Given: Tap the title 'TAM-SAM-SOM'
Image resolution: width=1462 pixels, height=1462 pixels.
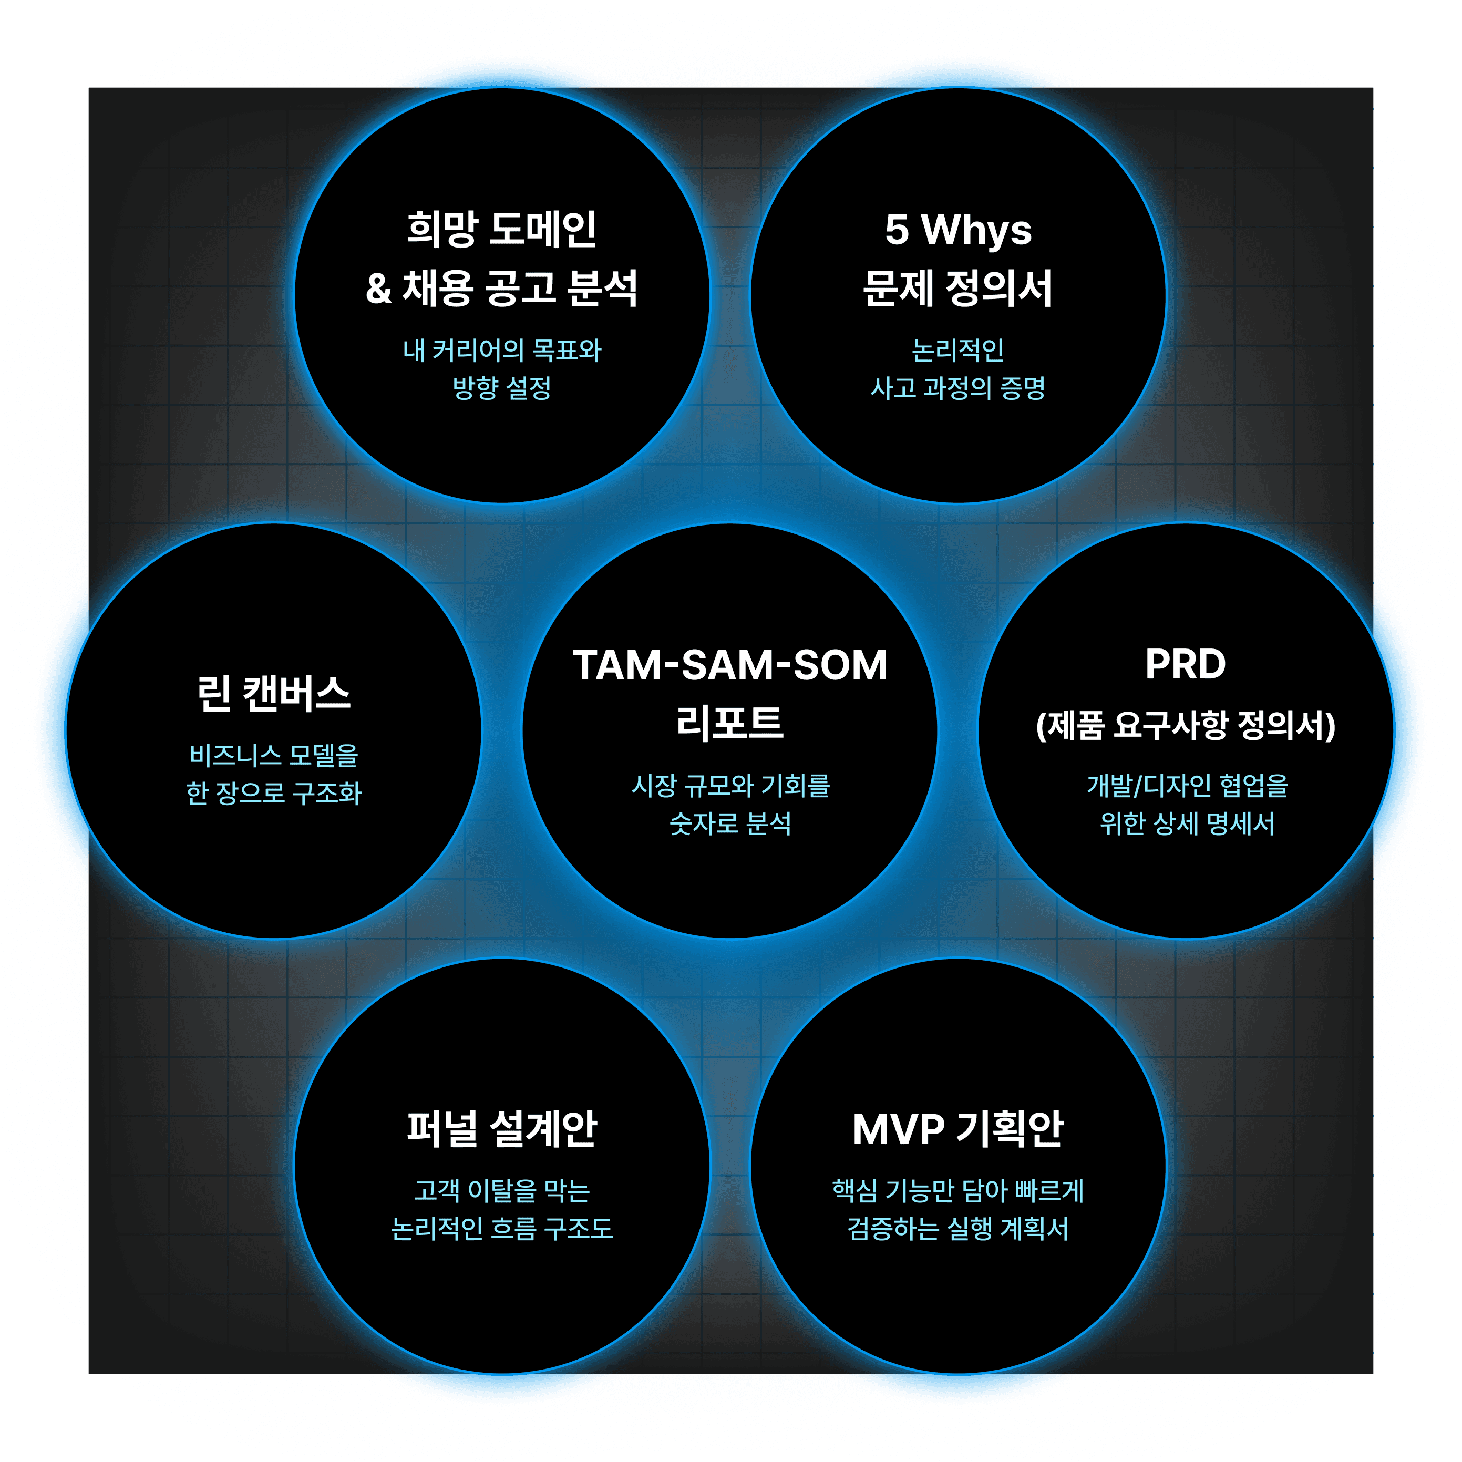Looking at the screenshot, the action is tap(730, 665).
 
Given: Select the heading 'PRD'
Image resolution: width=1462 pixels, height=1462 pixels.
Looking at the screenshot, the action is tap(1185, 664).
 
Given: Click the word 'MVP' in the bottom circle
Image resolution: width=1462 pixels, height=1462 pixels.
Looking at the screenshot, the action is tap(898, 1130).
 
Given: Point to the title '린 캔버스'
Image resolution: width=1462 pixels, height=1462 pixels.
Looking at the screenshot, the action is tap(274, 694).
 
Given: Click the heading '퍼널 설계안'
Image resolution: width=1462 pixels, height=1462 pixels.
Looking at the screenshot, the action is tap(502, 1129).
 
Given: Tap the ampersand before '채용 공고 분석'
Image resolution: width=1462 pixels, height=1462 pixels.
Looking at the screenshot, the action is tap(378, 289).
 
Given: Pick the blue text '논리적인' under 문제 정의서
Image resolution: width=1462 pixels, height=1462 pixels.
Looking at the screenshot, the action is tap(958, 349).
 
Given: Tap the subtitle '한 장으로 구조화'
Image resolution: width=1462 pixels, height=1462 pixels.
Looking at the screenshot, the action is tap(274, 792).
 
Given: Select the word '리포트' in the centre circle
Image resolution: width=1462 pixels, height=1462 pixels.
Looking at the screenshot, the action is tap(730, 723).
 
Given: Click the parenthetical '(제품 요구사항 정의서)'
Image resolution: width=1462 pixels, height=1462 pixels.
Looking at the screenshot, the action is tap(1185, 726).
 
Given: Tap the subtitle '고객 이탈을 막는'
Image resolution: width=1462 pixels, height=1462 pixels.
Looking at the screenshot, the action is tap(502, 1190).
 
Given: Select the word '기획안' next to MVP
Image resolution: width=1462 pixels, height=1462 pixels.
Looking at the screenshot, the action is tap(1010, 1130).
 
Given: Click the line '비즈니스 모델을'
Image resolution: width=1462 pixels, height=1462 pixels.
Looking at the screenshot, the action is tap(274, 755).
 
